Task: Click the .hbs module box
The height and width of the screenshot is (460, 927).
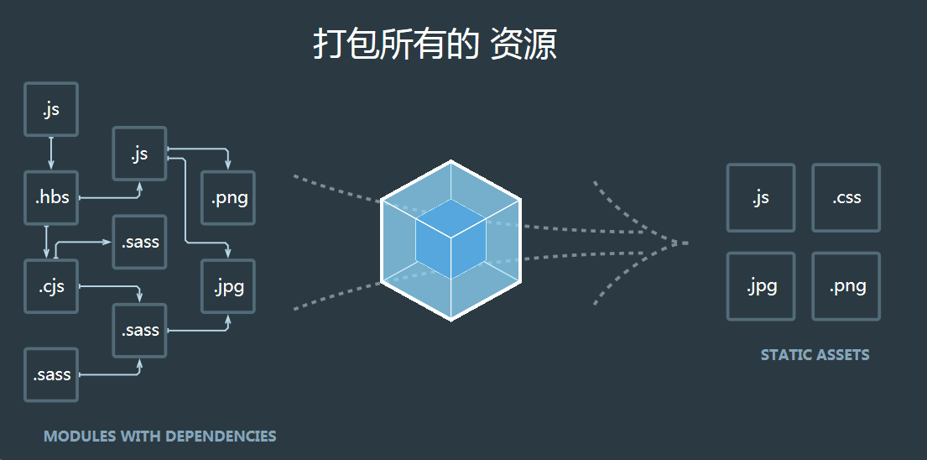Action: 51,198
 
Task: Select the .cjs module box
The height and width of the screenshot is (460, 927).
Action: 51,286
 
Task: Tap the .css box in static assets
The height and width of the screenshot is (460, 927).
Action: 846,198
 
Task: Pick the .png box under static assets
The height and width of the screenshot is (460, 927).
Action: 846,286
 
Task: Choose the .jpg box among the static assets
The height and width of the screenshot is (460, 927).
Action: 761,286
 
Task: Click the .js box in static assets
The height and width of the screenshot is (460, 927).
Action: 761,198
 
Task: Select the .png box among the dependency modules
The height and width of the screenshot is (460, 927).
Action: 228,198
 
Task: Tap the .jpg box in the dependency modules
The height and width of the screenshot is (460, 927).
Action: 228,286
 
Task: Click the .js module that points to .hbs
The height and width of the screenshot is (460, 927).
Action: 51,109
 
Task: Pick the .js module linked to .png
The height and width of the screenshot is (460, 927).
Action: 139,154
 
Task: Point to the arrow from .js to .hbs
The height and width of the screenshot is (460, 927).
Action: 51,153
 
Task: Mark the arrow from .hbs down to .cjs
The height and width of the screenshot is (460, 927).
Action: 46,242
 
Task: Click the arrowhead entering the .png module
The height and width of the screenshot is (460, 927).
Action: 228,165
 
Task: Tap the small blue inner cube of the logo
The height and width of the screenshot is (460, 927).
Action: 450,239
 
